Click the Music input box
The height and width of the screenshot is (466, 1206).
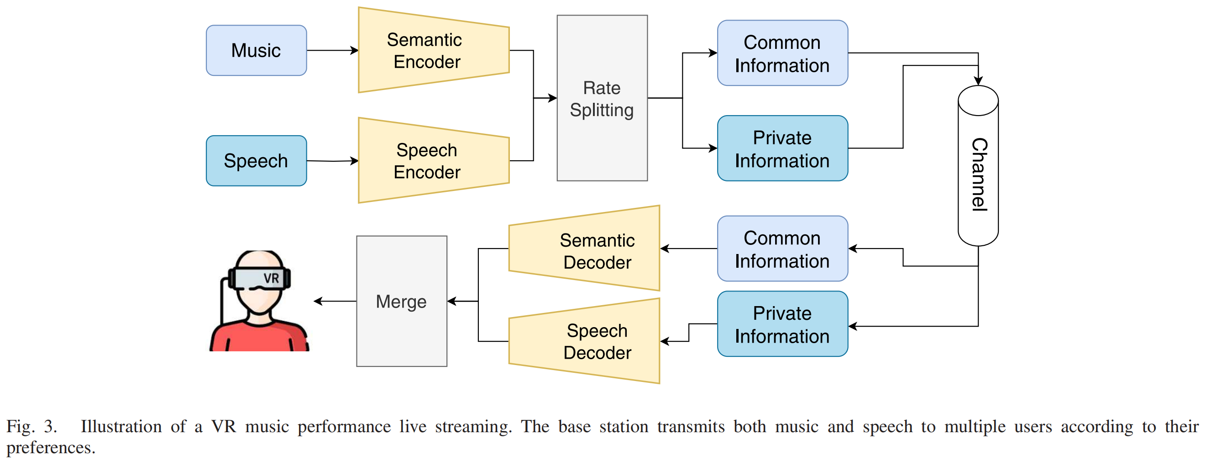(x=256, y=51)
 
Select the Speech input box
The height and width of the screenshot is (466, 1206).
(x=256, y=161)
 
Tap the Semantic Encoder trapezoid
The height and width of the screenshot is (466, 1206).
(x=433, y=51)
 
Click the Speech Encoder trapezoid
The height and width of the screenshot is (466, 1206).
(x=433, y=161)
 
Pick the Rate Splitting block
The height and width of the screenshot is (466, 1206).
(x=602, y=98)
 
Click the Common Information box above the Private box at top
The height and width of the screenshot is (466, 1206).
(x=782, y=53)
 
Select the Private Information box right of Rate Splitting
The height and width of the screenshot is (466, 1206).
(x=782, y=148)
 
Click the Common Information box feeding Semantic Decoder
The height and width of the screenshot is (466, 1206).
(x=782, y=249)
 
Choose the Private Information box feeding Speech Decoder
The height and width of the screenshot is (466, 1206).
(x=782, y=324)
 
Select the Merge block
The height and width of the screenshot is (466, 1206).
(x=401, y=301)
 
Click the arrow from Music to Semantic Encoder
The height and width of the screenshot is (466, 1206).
(x=332, y=51)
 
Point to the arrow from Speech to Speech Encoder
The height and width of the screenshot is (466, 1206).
(x=332, y=161)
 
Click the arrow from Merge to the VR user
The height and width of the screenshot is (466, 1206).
(x=335, y=301)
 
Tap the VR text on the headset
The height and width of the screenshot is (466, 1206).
(x=271, y=278)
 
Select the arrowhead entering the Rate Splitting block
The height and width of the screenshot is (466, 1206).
(x=552, y=98)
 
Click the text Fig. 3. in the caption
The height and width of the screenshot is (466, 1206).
(x=31, y=427)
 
